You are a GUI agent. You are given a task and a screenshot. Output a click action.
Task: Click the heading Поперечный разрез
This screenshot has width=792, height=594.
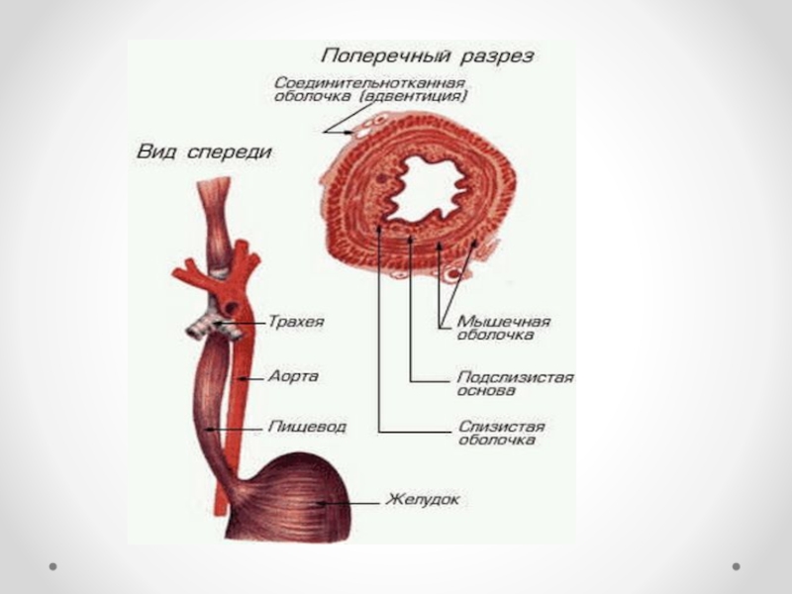pos(427,55)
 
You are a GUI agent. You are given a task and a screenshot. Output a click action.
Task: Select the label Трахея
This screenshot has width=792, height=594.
pos(294,322)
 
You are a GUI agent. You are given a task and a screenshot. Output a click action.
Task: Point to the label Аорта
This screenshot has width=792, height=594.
pos(292,376)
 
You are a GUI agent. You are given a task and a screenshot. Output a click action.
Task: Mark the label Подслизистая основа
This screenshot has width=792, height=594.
pos(514,383)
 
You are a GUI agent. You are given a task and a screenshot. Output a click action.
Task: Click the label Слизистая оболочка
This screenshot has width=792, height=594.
pos(500,434)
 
